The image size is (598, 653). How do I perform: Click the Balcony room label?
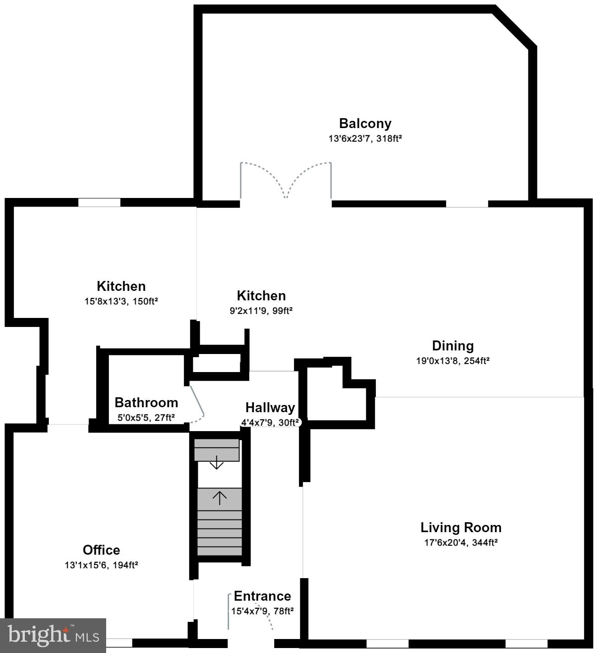[365, 124]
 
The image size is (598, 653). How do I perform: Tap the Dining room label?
[453, 346]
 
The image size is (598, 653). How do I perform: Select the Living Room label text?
[461, 528]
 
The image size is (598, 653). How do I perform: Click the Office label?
[101, 550]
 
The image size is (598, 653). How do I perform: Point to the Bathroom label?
[146, 402]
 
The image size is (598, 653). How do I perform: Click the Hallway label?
[270, 408]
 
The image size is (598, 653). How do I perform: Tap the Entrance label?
[262, 596]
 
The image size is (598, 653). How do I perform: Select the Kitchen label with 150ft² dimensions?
[121, 286]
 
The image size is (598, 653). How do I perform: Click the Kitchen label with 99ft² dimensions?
[261, 296]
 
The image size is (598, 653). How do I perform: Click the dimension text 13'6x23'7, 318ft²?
[365, 139]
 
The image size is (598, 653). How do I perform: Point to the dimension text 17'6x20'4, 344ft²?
[461, 543]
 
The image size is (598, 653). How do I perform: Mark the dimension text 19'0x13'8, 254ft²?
[453, 361]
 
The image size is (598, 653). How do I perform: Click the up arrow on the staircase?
[220, 498]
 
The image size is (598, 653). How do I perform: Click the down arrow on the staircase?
[217, 463]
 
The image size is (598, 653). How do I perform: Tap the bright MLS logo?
[53, 635]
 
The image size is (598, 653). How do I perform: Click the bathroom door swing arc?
[198, 406]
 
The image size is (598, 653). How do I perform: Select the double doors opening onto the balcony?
[285, 180]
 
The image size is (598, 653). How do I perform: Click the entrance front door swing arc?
[266, 616]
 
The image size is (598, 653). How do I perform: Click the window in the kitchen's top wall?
[99, 202]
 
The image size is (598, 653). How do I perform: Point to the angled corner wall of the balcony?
[515, 26]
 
